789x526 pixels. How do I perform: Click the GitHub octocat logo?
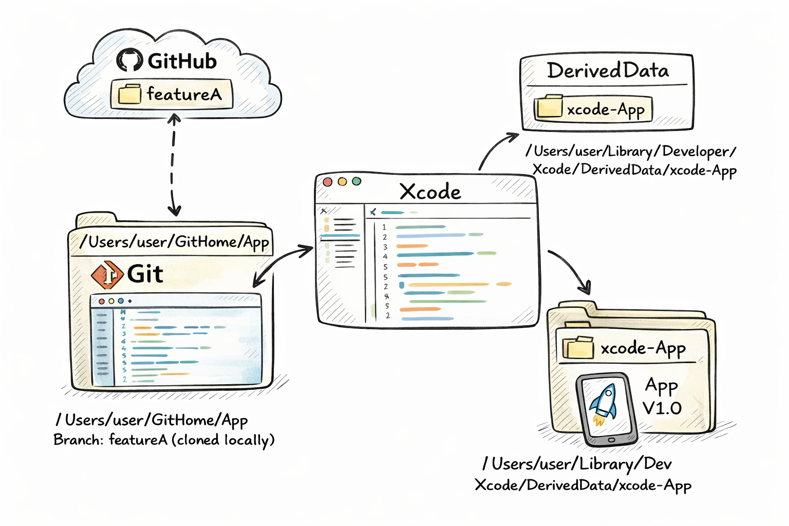[129, 60]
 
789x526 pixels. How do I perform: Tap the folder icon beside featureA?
[129, 95]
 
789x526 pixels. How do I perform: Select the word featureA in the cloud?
[184, 94]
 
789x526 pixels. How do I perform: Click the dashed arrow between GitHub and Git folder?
[173, 164]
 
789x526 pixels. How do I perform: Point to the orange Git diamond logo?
[107, 275]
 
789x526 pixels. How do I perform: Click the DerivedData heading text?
[608, 70]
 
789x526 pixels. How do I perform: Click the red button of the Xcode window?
[328, 182]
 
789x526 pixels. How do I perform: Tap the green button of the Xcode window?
[356, 181]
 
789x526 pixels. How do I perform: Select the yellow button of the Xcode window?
[342, 181]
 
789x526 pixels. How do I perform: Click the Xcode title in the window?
[430, 192]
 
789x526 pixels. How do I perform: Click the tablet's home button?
[611, 440]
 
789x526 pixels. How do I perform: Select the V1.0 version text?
[662, 408]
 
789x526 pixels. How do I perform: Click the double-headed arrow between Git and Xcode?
[283, 265]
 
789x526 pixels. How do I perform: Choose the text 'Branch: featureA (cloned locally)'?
[164, 440]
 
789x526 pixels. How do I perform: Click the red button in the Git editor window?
[102, 302]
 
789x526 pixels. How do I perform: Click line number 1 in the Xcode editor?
[384, 227]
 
